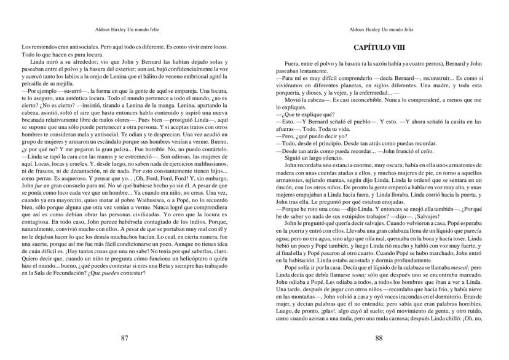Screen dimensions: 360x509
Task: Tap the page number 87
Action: click(x=125, y=338)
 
